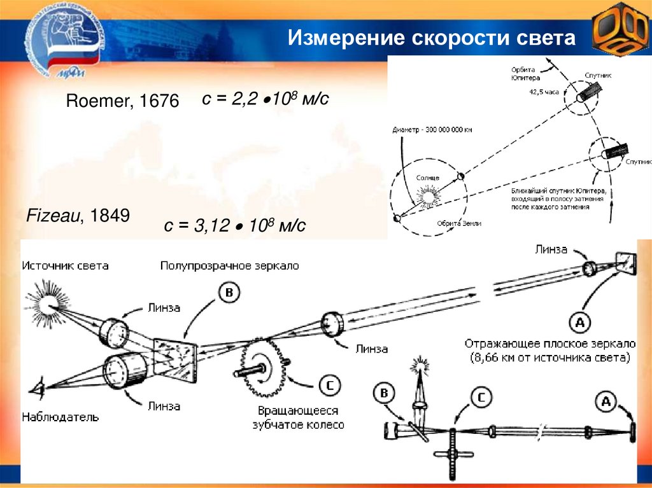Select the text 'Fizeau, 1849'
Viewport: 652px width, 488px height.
[x=78, y=216]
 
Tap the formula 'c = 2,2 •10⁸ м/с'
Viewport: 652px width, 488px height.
[x=265, y=99]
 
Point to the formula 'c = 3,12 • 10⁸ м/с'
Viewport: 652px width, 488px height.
[x=236, y=225]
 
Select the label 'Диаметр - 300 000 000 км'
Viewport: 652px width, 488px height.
[x=433, y=130]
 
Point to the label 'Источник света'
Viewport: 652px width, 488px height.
[x=65, y=265]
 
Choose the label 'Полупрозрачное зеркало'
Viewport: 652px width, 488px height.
[x=229, y=265]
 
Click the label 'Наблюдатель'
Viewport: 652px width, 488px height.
[x=60, y=417]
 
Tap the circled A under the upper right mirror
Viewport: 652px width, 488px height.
[x=579, y=323]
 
